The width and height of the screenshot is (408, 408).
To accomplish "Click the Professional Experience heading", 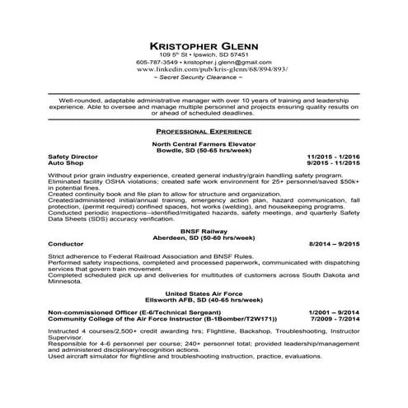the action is point(204,131).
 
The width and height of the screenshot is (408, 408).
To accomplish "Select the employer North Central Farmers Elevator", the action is point(204,143).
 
